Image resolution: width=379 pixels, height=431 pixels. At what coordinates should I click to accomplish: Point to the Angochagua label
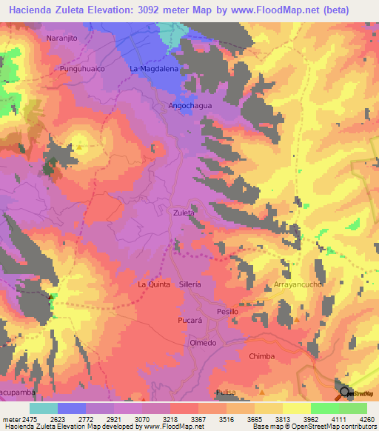click(x=187, y=106)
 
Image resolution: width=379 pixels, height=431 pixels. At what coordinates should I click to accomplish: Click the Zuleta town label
click(x=184, y=213)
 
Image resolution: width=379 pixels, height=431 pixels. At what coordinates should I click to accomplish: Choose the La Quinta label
click(x=154, y=284)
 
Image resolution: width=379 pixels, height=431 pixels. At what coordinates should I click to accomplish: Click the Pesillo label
click(x=227, y=312)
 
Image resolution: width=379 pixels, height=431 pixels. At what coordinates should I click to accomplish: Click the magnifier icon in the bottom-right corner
click(x=345, y=394)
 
